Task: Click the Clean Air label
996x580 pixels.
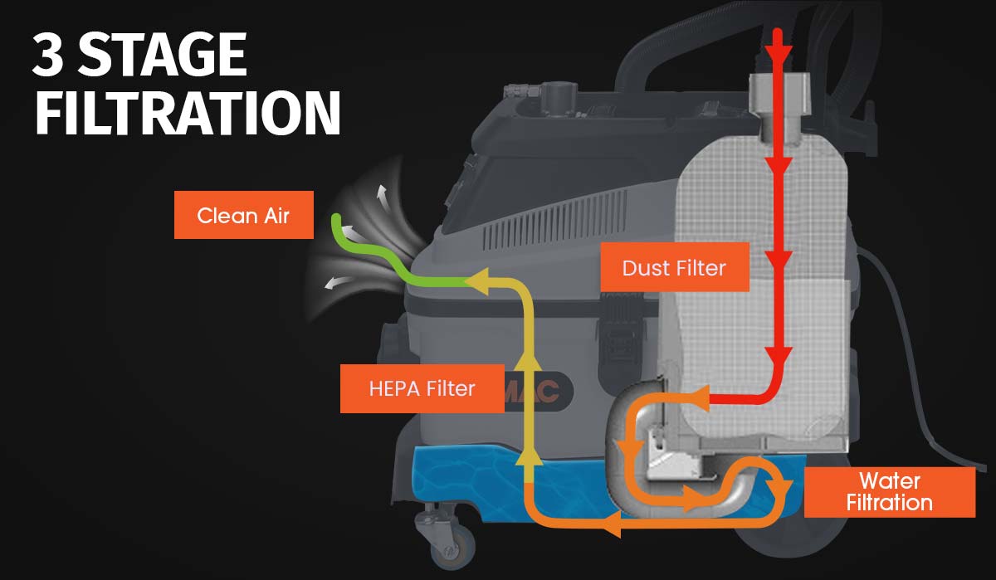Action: coord(243,217)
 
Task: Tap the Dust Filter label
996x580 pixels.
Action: coord(674,267)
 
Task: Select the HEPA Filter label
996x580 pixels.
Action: coord(422,387)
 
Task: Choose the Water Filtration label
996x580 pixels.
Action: coord(889,492)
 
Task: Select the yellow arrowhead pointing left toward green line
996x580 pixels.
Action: coord(476,282)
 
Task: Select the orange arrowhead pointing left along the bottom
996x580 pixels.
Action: coord(611,524)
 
